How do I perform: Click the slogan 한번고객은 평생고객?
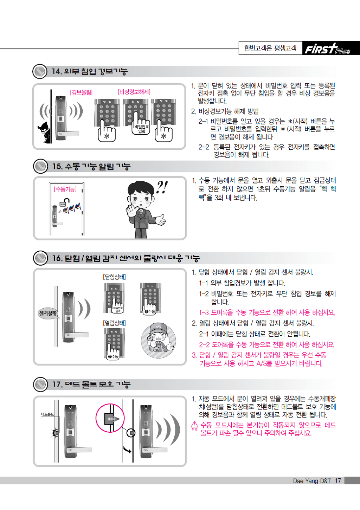pyautogui.click(x=270, y=48)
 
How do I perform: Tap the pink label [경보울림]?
pyautogui.click(x=81, y=92)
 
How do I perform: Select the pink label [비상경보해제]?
pyautogui.click(x=134, y=92)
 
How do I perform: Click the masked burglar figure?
pyautogui.click(x=44, y=132)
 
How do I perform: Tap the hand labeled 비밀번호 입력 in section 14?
pyautogui.click(x=140, y=124)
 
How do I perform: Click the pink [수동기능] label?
pyautogui.click(x=65, y=189)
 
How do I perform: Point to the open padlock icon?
pyautogui.click(x=64, y=202)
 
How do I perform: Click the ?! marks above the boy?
pyautogui.click(x=162, y=187)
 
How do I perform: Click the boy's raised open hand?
pyautogui.click(x=131, y=211)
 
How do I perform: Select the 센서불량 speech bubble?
pyautogui.click(x=48, y=314)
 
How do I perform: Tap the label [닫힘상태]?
pyautogui.click(x=114, y=277)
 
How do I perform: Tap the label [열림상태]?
pyautogui.click(x=114, y=323)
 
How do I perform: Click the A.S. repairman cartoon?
pyautogui.click(x=159, y=340)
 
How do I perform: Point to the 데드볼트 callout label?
pyautogui.click(x=47, y=414)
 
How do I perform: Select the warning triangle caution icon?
pyautogui.click(x=194, y=424)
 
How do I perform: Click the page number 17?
pyautogui.click(x=338, y=480)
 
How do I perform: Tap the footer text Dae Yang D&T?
pyautogui.click(x=312, y=480)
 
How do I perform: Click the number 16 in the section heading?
pyautogui.click(x=57, y=258)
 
